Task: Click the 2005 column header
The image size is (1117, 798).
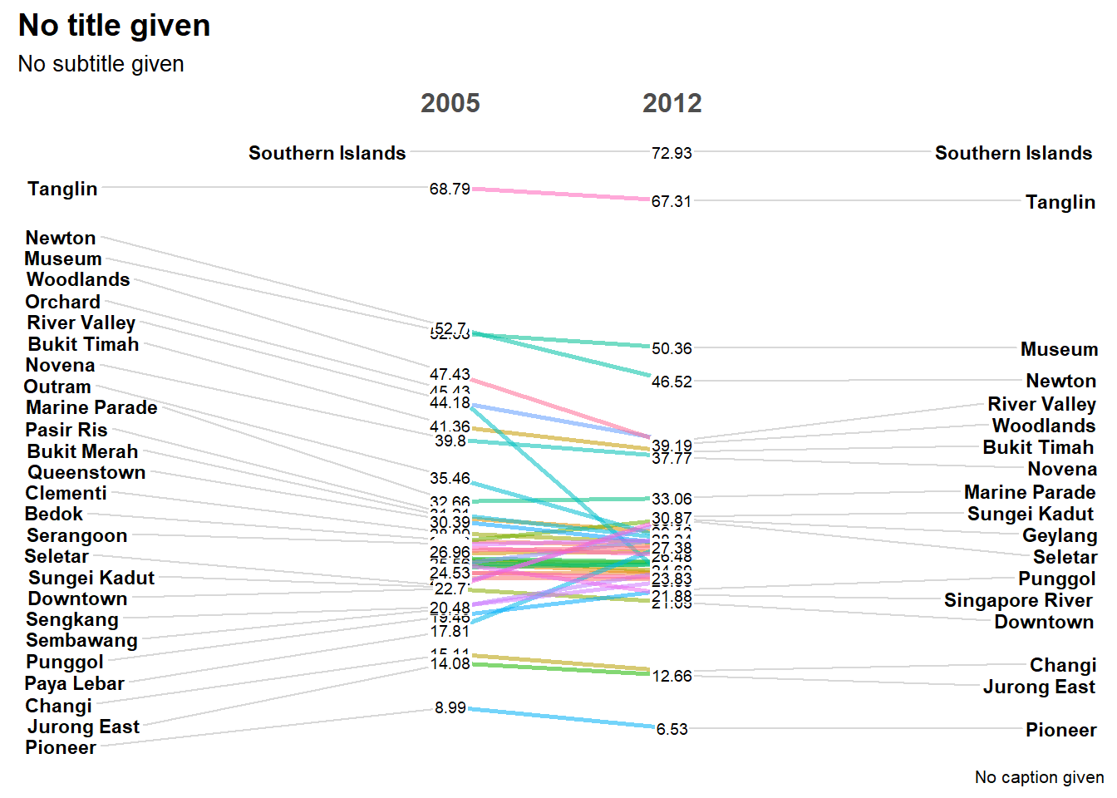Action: tap(450, 103)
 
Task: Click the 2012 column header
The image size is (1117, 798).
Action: tap(672, 103)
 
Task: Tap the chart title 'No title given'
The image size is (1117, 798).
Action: tap(114, 26)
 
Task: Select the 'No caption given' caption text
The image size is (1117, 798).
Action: tap(1039, 777)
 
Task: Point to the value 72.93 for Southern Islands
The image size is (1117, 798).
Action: tap(672, 153)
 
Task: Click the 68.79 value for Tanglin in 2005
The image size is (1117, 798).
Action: tap(450, 190)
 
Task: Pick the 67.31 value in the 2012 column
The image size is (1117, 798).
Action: tap(672, 201)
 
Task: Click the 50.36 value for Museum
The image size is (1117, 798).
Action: tap(672, 348)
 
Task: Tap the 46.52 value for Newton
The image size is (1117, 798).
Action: tap(672, 382)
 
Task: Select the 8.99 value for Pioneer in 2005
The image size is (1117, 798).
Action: tap(450, 708)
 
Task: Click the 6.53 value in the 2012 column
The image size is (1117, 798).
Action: tap(672, 729)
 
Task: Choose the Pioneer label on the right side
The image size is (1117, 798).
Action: tap(1060, 730)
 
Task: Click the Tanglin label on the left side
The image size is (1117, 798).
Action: tap(62, 189)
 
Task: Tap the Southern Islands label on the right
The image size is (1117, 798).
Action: tap(1013, 153)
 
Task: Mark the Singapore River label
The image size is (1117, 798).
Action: tap(1018, 600)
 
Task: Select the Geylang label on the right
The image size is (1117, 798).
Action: tap(1059, 535)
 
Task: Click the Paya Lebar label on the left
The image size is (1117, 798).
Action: tap(74, 683)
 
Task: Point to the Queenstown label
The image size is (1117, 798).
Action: tap(86, 472)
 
